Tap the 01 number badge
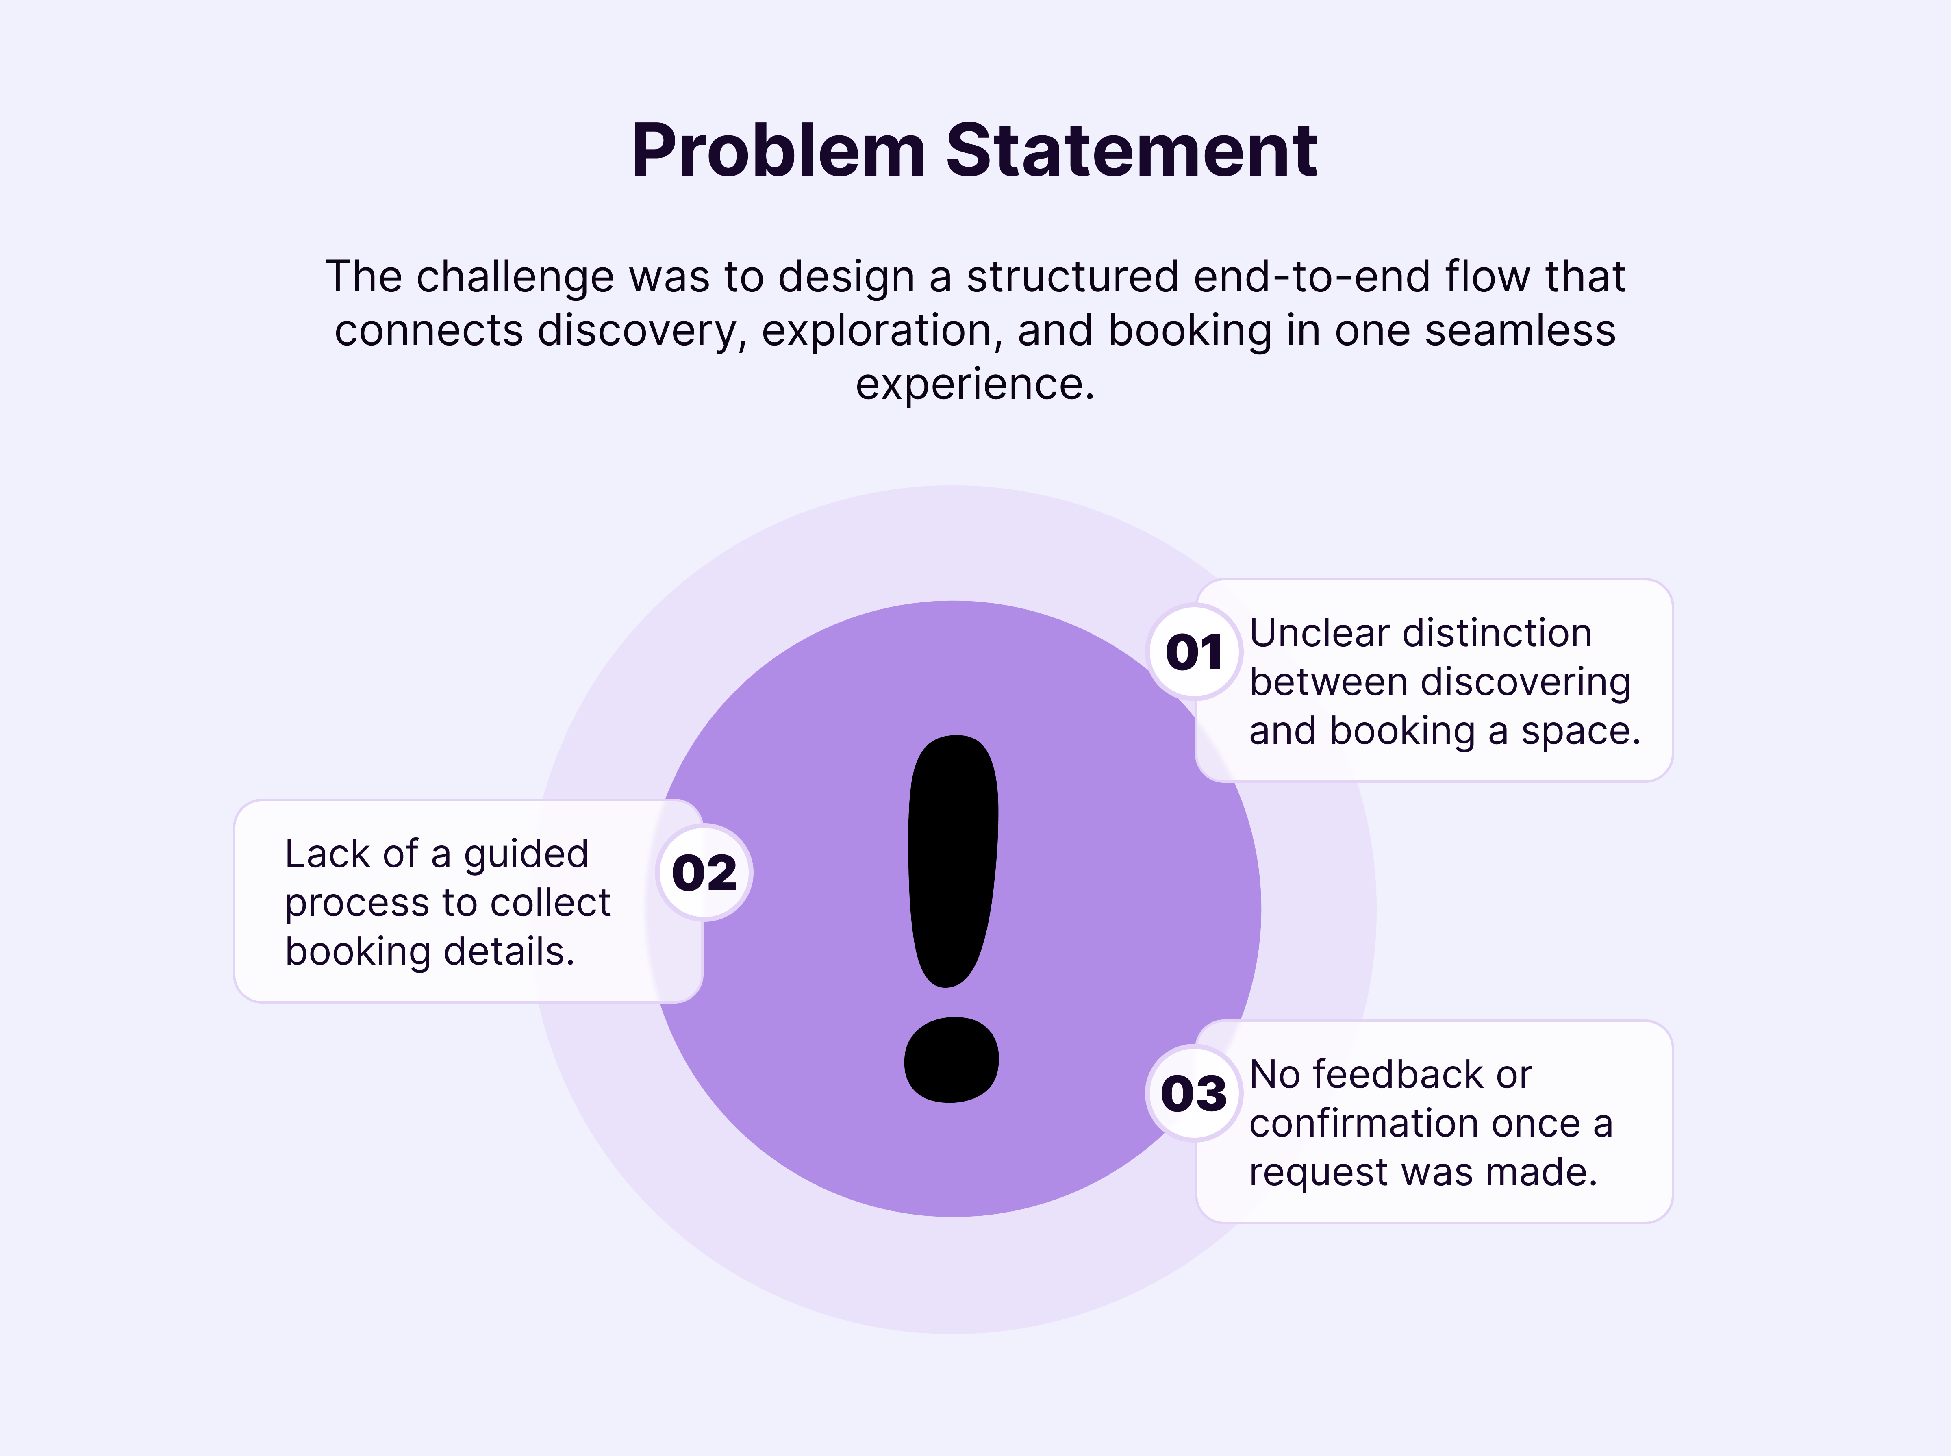(1194, 652)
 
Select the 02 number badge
(704, 873)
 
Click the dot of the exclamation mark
(952, 1059)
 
